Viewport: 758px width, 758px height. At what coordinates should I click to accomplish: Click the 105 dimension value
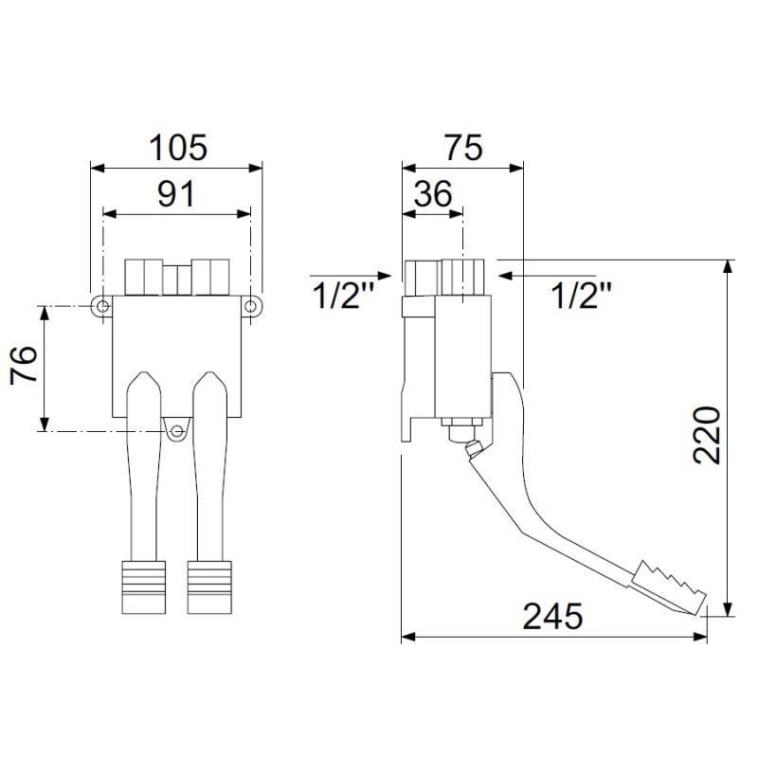177,148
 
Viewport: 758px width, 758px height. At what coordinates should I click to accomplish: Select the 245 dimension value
554,617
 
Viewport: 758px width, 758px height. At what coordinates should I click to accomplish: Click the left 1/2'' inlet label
343,296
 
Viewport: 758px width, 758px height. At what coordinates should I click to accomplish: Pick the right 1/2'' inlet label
580,296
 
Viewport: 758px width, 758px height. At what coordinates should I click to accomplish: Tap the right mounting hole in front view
251,305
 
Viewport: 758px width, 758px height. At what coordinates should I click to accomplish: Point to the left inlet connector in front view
143,277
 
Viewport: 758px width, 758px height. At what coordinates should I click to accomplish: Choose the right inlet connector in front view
211,277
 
